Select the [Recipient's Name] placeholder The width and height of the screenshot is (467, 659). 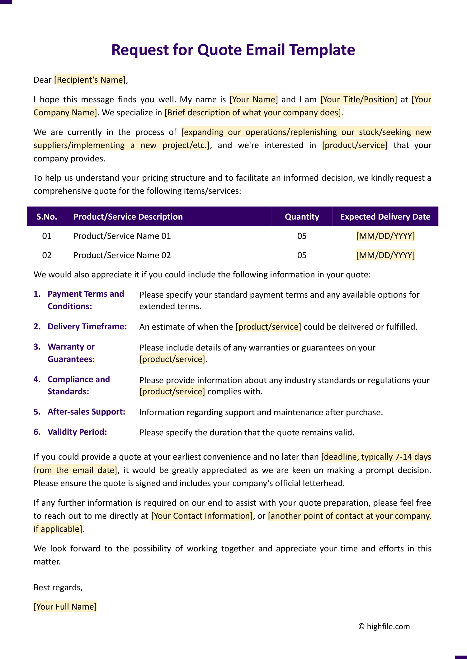pos(90,80)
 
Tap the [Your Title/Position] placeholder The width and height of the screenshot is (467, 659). pos(359,100)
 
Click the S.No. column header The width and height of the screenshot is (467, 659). pos(47,217)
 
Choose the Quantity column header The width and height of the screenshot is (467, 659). pos(302,217)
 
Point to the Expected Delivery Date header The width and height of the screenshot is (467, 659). pos(385,217)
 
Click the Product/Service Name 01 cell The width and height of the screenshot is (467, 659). pos(122,236)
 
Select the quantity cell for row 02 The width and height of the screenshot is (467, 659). pos(302,255)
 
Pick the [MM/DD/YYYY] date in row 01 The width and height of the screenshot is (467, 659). pos(385,236)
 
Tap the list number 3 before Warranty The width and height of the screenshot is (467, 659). pos(37,347)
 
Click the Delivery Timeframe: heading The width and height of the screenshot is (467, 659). pos(87,327)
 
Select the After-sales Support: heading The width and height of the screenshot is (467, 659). pos(86,412)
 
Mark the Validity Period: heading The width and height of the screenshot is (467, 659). pos(77,432)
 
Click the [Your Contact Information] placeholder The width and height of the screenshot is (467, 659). pos(202,516)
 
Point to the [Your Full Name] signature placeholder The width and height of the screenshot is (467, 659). pos(65,607)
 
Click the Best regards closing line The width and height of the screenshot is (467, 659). pos(58,587)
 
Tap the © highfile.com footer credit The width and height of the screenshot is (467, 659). pos(384,627)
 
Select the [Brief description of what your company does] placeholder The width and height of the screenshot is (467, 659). pos(253,113)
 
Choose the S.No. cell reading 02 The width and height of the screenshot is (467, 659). pos(47,255)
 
